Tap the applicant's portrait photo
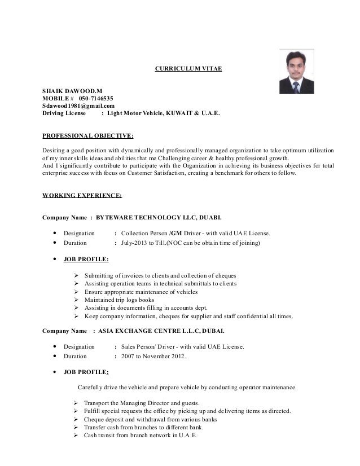[297, 72]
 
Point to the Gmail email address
[78, 105]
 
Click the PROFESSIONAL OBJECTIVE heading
[89, 136]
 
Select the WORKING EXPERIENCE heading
[82, 195]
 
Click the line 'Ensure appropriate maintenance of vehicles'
[141, 292]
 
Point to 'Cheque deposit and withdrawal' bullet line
[150, 420]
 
